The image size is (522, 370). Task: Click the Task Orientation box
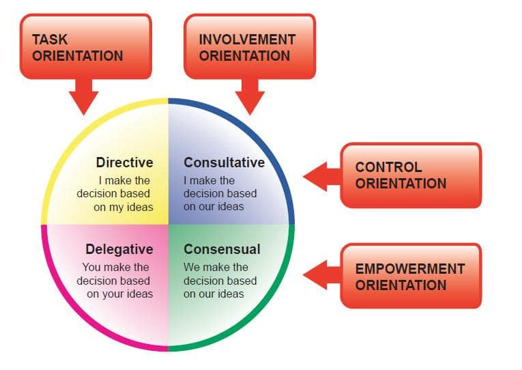pyautogui.click(x=85, y=46)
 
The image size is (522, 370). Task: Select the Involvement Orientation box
pyautogui.click(x=249, y=46)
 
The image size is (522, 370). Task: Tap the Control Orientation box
pyautogui.click(x=410, y=175)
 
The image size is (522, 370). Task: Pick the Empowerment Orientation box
pyautogui.click(x=410, y=276)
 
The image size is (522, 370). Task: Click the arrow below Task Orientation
pyautogui.click(x=84, y=96)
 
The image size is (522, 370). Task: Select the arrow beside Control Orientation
pyautogui.click(x=321, y=176)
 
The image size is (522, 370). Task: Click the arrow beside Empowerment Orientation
pyautogui.click(x=321, y=276)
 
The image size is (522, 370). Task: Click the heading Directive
pyautogui.click(x=124, y=162)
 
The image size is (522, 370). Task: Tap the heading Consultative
pyautogui.click(x=224, y=162)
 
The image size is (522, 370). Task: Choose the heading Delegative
pyautogui.click(x=119, y=249)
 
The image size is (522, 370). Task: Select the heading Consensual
pyautogui.click(x=222, y=249)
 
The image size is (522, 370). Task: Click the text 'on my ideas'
pyautogui.click(x=123, y=207)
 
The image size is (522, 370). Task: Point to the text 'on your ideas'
pyautogui.click(x=119, y=294)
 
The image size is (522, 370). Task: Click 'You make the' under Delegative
pyautogui.click(x=116, y=267)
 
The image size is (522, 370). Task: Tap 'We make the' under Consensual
pyautogui.click(x=216, y=267)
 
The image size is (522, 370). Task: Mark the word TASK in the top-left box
pyautogui.click(x=50, y=40)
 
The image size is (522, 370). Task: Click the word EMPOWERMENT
pyautogui.click(x=410, y=268)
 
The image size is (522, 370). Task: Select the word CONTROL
pyautogui.click(x=388, y=167)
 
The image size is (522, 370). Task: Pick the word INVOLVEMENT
pyautogui.click(x=247, y=40)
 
